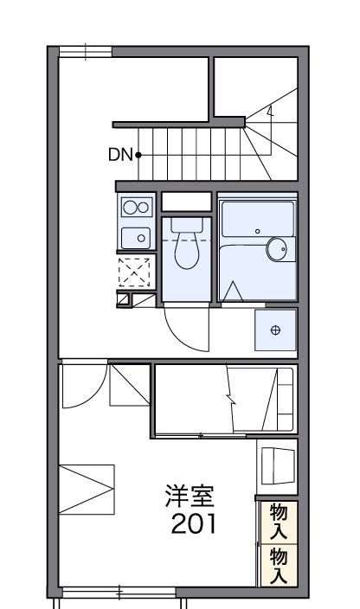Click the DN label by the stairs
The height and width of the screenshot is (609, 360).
coord(119,155)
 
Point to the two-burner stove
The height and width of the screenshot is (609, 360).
coord(135,206)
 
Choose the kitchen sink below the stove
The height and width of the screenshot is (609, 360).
coord(135,237)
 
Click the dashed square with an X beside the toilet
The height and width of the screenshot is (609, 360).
coord(135,272)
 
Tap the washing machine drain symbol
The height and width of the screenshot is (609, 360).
coord(276,330)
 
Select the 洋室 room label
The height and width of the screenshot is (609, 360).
coord(190,497)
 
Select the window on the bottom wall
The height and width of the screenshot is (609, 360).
coord(119,593)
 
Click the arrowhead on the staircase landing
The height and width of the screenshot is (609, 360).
coord(270,110)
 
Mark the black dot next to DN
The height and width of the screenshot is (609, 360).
coord(138,155)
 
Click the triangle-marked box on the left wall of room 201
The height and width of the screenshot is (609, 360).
coord(87,488)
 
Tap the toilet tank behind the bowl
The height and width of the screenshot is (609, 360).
coord(186,224)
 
